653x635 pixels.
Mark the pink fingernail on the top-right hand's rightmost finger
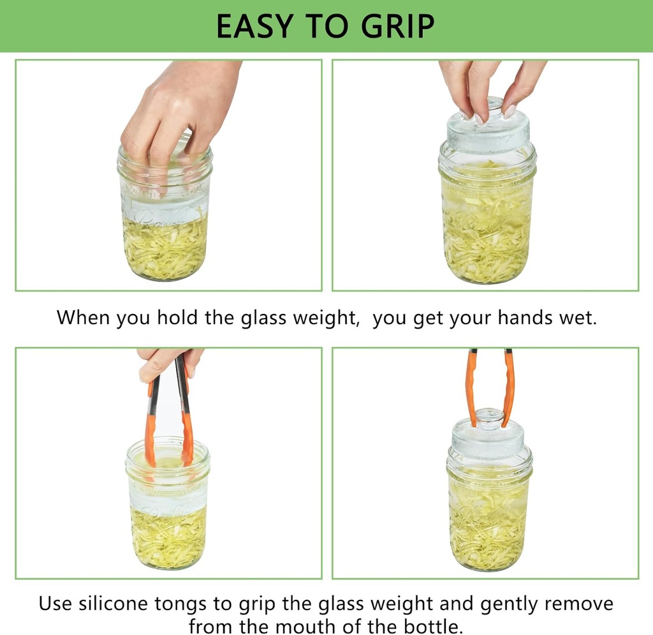click(510, 111)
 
